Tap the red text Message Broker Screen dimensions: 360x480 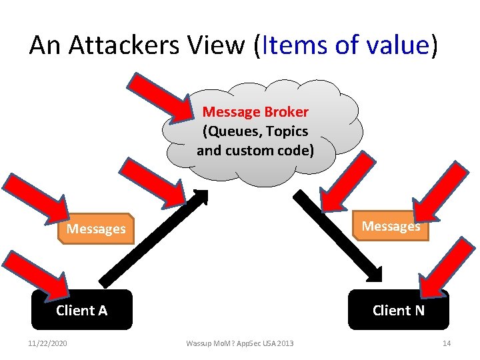pos(255,112)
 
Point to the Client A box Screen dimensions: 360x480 pos(82,310)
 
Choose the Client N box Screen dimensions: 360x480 pos(398,310)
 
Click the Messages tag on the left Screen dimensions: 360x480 pos(96,229)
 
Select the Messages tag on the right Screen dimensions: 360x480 pos(391,226)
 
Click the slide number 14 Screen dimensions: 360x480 pos(447,343)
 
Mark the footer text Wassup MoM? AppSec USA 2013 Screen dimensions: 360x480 pos(239,343)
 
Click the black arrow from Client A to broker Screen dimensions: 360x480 pos(153,240)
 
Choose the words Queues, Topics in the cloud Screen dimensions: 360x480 pos(255,131)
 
